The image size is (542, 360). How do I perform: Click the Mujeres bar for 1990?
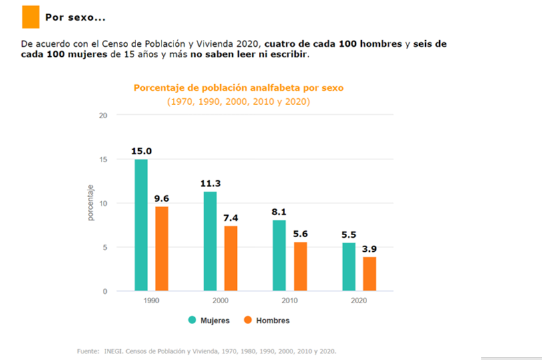click(141, 225)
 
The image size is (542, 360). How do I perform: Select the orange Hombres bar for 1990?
click(162, 248)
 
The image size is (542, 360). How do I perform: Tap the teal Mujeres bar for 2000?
click(210, 241)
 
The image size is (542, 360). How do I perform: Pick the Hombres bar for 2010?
click(300, 266)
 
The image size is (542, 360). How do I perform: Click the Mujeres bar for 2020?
click(348, 266)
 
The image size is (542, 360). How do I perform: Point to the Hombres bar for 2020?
click(370, 274)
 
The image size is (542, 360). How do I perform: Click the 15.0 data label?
click(141, 152)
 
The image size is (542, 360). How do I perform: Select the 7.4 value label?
click(231, 218)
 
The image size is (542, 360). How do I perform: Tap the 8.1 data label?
click(279, 212)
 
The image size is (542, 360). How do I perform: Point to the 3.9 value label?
click(370, 249)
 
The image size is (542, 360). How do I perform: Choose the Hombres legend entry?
click(267, 321)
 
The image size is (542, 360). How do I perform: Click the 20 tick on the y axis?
click(103, 116)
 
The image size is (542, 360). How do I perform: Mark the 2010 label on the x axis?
click(290, 301)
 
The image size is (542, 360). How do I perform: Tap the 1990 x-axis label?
click(151, 301)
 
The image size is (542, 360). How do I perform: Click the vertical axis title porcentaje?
click(91, 204)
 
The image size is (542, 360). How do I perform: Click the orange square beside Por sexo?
click(31, 17)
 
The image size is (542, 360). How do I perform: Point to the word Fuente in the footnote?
click(88, 351)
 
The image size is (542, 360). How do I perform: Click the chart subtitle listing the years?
click(238, 102)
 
